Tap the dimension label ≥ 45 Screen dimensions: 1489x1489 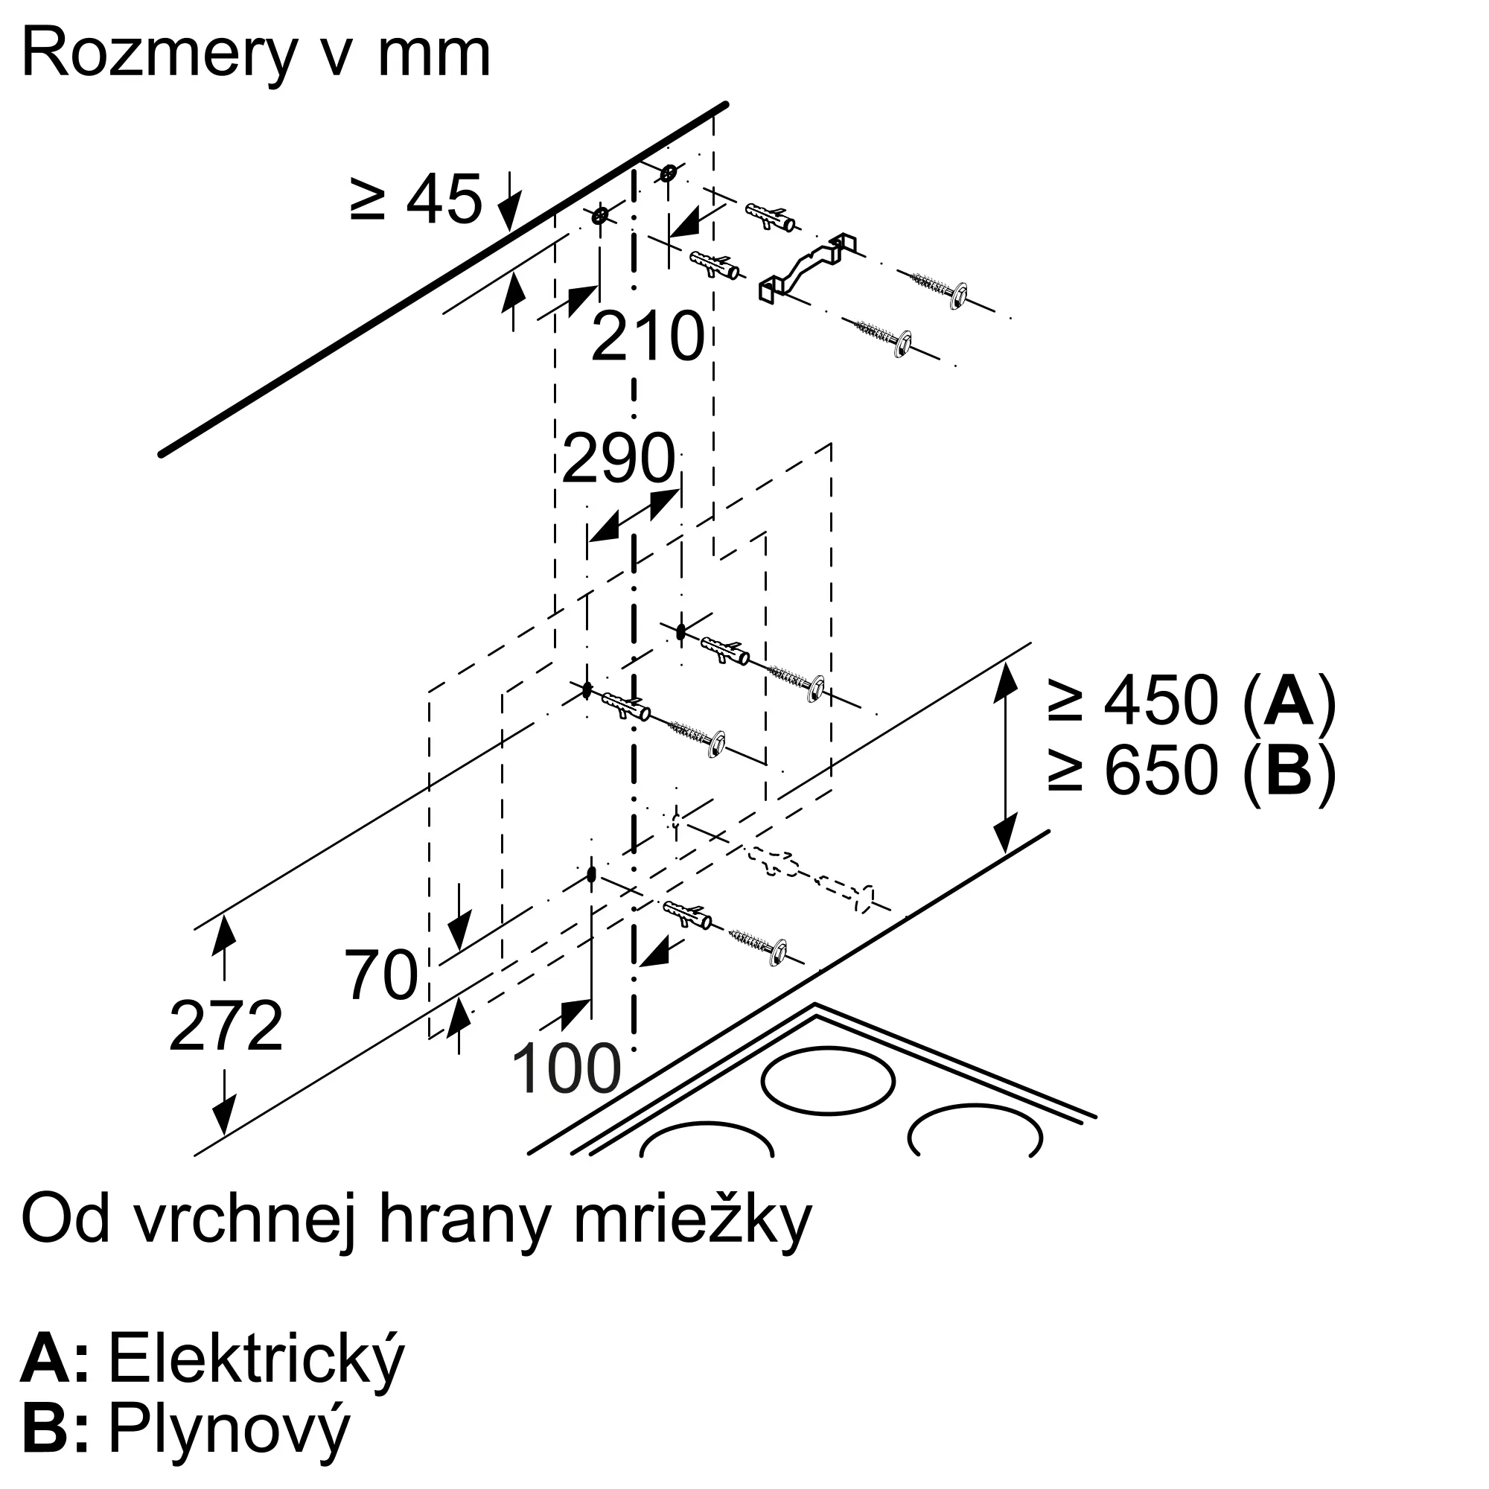point(416,199)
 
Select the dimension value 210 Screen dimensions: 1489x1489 point(648,336)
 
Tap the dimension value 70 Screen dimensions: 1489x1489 point(380,975)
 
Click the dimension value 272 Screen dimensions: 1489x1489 point(226,1026)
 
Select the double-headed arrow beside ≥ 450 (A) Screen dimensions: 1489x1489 point(1004,759)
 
